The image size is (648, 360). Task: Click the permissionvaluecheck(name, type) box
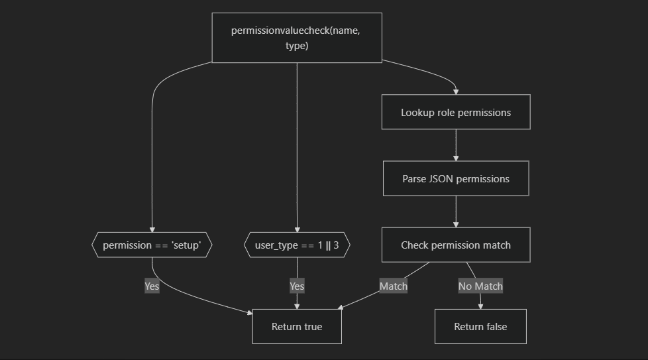coord(297,38)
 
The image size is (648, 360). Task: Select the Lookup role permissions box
coord(456,112)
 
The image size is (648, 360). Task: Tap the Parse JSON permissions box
coord(456,178)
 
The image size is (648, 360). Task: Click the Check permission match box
coord(456,245)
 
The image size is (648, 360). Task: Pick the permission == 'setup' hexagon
coord(152,245)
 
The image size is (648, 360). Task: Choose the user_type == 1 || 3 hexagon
coord(297,245)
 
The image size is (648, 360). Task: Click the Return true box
coord(297,326)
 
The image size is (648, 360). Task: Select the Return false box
coord(480,326)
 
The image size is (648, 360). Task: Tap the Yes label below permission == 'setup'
coord(152,286)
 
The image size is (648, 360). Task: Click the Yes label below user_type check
coord(297,286)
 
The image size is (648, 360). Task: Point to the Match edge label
coord(393,286)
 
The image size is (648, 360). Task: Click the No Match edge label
coord(480,286)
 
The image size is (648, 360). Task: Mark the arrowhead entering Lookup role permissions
coord(456,91)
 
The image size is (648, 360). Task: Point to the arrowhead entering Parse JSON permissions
coord(456,157)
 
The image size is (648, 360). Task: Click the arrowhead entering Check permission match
coord(456,224)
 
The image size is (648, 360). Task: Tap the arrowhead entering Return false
coord(480,306)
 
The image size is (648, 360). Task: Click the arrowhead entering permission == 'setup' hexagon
coord(152,229)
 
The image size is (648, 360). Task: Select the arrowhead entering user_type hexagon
coord(297,229)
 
